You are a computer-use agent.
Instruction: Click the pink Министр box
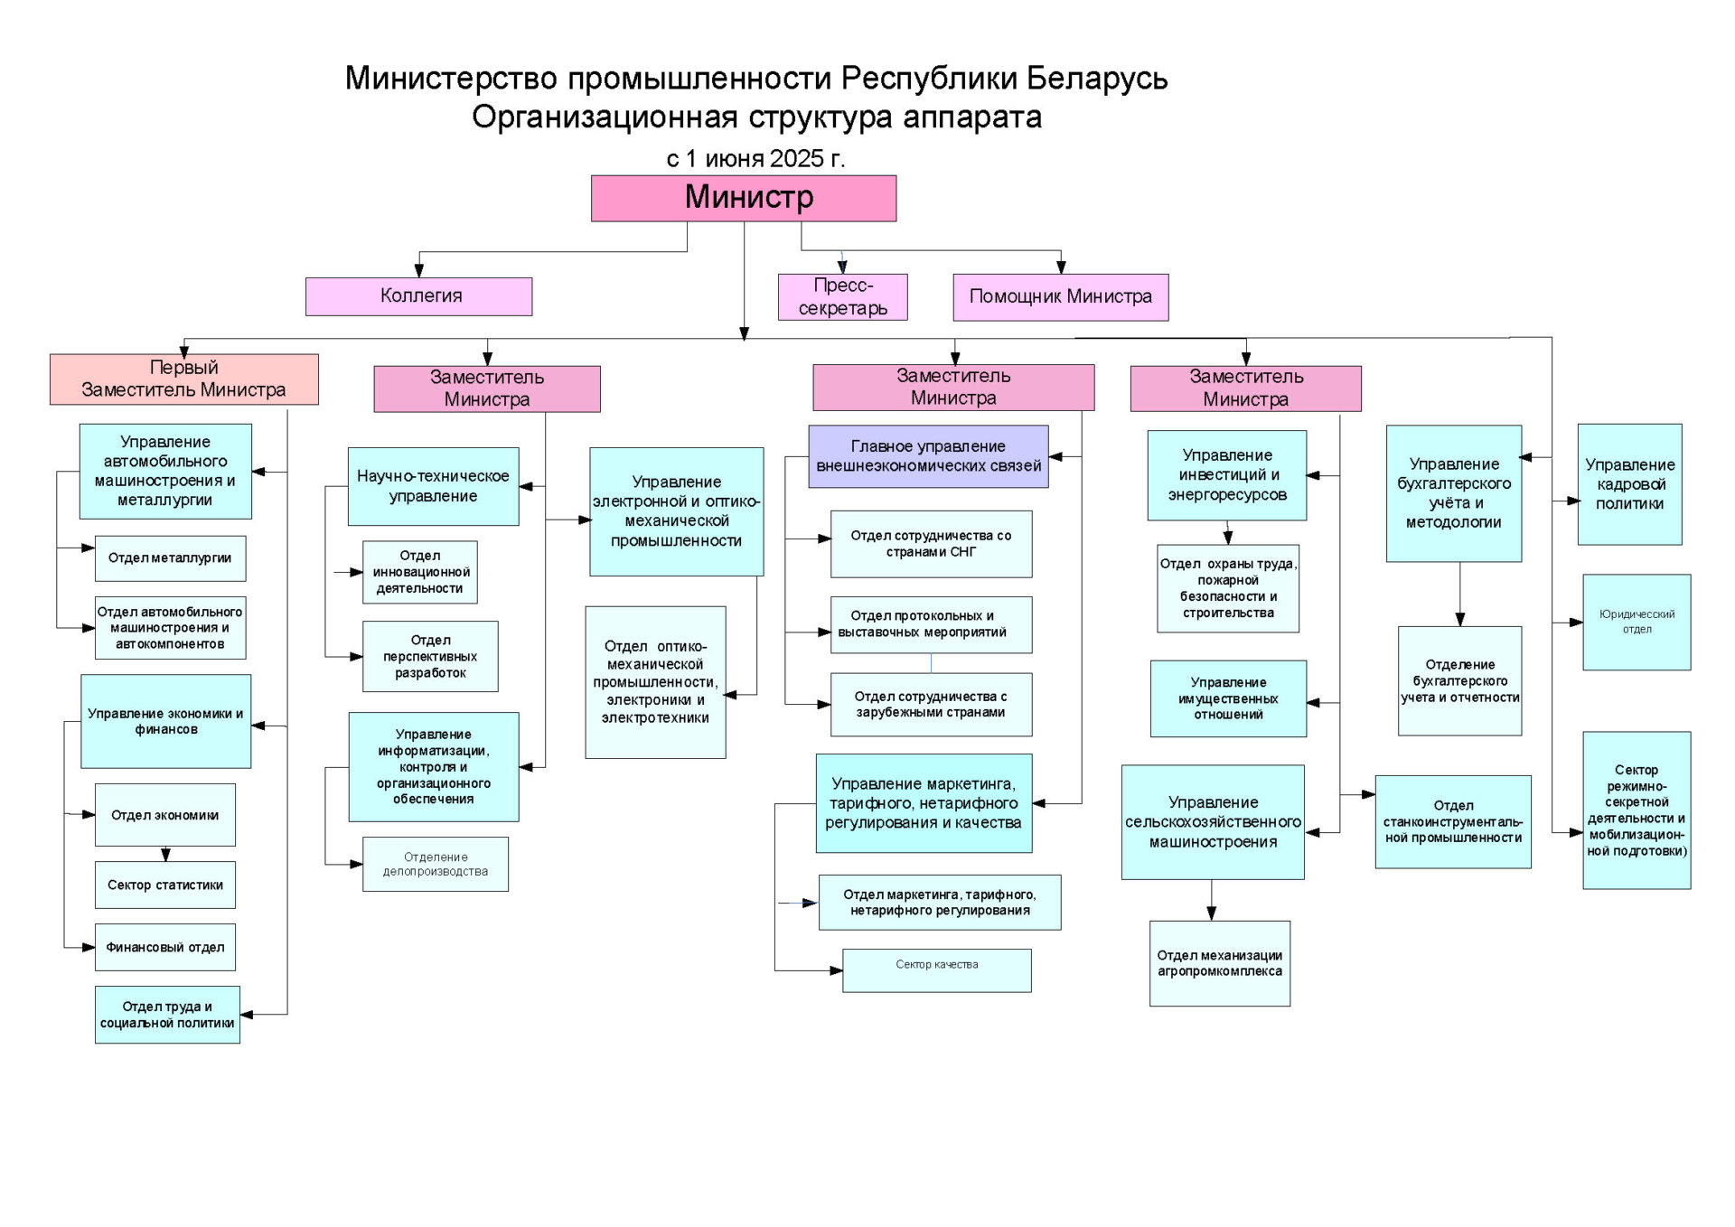[x=744, y=198]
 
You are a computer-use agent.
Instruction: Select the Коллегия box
[x=418, y=296]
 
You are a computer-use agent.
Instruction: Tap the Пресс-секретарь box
[x=842, y=297]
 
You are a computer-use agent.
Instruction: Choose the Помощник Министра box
[x=1061, y=297]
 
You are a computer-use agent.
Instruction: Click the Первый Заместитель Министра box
[x=184, y=379]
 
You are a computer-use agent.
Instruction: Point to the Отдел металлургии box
[x=170, y=558]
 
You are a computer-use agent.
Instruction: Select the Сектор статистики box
[x=165, y=885]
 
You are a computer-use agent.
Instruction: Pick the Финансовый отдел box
[x=165, y=947]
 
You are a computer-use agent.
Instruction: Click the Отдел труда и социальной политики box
[x=167, y=1015]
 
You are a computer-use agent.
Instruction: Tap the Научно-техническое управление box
[x=434, y=486]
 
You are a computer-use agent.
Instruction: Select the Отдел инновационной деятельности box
[x=420, y=572]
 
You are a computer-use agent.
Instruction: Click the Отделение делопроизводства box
[x=436, y=865]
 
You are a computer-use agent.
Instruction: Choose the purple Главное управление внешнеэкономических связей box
[x=929, y=456]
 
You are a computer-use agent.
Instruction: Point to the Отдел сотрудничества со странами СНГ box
[x=932, y=544]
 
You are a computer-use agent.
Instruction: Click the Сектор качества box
[x=937, y=970]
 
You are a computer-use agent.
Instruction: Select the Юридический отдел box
[x=1637, y=623]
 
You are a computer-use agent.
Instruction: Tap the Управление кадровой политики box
[x=1630, y=484]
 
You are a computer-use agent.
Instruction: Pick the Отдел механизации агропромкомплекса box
[x=1220, y=963]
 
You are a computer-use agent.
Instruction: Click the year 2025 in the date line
[x=797, y=159]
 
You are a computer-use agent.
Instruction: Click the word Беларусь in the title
[x=1097, y=79]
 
